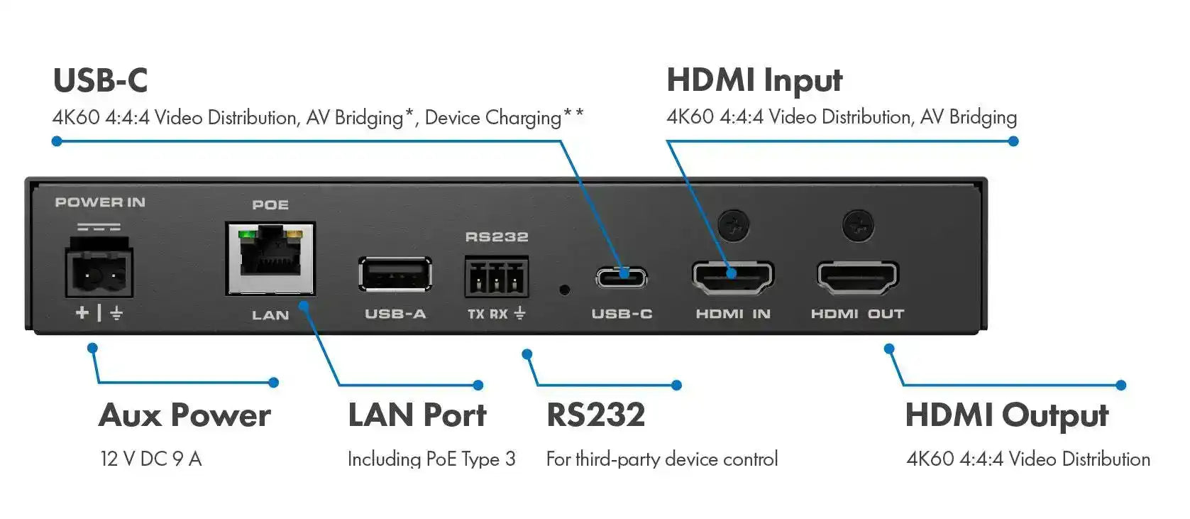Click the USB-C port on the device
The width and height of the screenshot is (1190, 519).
click(x=622, y=277)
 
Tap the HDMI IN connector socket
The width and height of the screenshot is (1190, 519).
click(x=732, y=277)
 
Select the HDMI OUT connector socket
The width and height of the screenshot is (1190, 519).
click(x=857, y=277)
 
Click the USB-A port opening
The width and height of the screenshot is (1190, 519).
click(x=395, y=274)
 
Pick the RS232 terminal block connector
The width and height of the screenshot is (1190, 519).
click(x=496, y=276)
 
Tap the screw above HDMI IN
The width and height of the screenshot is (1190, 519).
click(x=732, y=225)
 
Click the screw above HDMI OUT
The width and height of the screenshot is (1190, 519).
click(x=857, y=225)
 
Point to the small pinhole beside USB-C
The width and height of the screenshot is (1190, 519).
click(x=564, y=290)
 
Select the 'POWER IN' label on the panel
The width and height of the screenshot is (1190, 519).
click(x=100, y=202)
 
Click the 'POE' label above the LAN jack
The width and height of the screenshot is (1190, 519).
click(x=270, y=205)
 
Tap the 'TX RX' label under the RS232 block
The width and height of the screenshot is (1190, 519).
click(x=488, y=314)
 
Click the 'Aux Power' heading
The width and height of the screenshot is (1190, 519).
click(x=184, y=415)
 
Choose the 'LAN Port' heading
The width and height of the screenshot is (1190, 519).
click(x=417, y=415)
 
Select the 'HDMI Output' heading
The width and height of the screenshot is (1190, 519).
click(x=1006, y=416)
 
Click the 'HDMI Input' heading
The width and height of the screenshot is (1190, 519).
click(x=754, y=81)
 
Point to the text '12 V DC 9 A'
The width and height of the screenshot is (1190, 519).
click(x=151, y=459)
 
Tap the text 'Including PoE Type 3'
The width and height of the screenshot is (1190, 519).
click(x=431, y=459)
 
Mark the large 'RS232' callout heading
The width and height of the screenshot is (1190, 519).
click(x=596, y=415)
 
